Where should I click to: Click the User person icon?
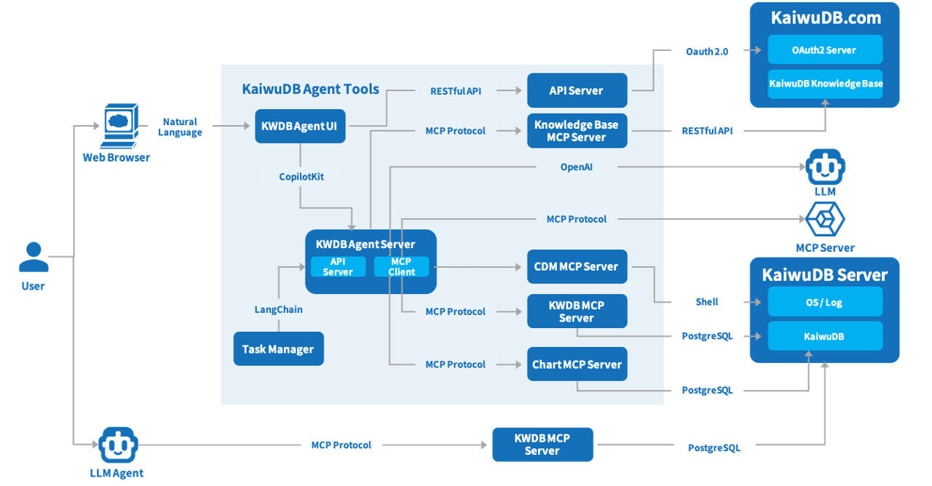[x=33, y=258]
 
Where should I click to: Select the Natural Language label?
[x=180, y=127]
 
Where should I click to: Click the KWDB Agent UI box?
[x=300, y=126]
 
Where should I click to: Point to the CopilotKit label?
[x=301, y=176]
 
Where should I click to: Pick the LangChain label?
[x=278, y=309]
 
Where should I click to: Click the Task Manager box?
[x=278, y=349]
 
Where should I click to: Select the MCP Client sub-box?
[x=401, y=267]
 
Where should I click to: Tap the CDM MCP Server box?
[x=577, y=266]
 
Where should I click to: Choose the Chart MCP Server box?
[x=577, y=364]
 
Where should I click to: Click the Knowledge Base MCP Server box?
[x=577, y=131]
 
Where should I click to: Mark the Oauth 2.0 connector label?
[x=707, y=51]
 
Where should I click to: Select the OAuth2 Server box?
[x=825, y=50]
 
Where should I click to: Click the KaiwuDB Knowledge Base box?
[x=825, y=84]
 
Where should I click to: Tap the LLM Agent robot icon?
[x=117, y=445]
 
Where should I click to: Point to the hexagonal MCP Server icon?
[x=825, y=219]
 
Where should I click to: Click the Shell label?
[x=707, y=302]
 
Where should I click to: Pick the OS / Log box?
[x=825, y=302]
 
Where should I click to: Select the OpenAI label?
[x=577, y=167]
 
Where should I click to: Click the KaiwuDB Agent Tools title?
[x=310, y=89]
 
